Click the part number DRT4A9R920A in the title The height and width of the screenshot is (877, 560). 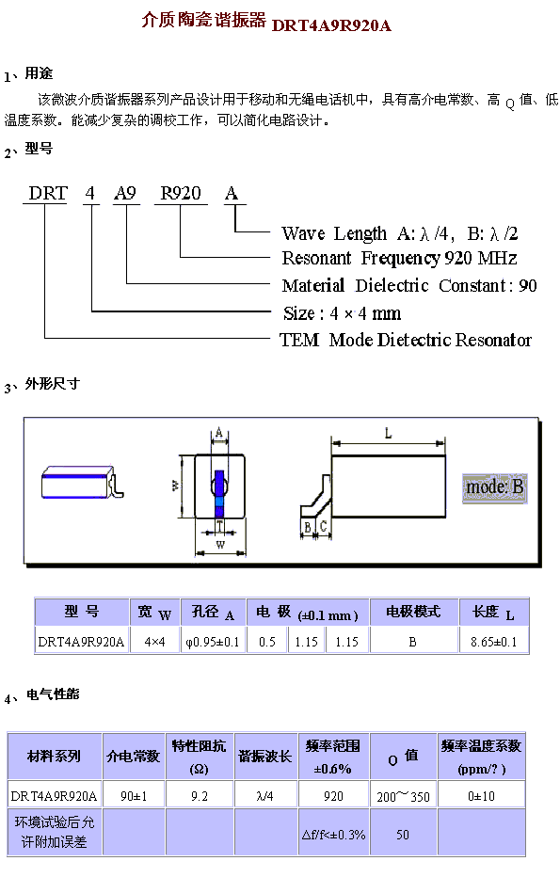[331, 25]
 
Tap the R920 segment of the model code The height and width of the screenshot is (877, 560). [181, 194]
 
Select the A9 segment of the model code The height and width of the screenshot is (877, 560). [125, 194]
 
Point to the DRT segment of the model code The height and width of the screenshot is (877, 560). [48, 194]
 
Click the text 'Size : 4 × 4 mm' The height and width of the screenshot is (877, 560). [342, 313]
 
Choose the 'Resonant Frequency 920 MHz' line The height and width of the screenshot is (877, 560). [399, 259]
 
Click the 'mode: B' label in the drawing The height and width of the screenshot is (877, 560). [494, 487]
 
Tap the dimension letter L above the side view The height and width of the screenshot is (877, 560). [389, 433]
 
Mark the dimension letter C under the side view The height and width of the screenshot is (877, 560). [324, 526]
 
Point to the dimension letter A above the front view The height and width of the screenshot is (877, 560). [219, 432]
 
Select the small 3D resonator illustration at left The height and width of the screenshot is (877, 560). [82, 482]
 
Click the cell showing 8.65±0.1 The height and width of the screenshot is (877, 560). [493, 642]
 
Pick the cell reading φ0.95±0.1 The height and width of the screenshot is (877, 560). [213, 642]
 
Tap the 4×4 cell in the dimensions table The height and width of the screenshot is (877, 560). [155, 642]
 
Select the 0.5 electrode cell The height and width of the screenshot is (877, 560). [267, 642]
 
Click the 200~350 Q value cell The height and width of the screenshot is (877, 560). [404, 796]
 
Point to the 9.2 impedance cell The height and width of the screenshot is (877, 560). [200, 796]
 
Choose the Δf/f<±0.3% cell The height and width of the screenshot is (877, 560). [333, 835]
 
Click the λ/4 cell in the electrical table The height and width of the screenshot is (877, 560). [265, 796]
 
